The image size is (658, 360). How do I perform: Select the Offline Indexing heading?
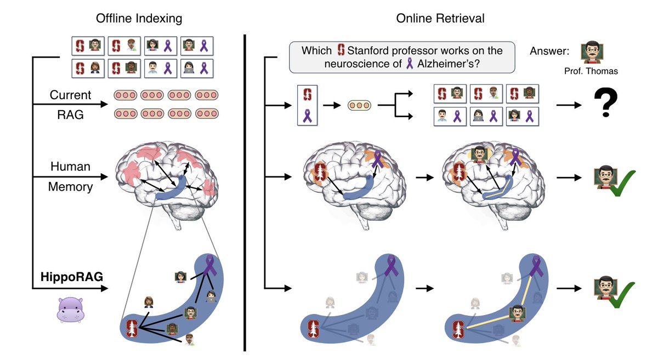(x=139, y=18)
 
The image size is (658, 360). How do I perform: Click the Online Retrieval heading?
(x=440, y=18)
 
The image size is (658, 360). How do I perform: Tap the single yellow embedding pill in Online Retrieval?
(x=359, y=104)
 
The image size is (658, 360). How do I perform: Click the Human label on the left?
(x=70, y=165)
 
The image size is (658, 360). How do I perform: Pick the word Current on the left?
(x=70, y=95)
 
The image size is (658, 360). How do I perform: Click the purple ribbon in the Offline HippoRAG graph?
(x=211, y=266)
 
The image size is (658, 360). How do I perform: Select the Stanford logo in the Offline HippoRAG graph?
(x=132, y=328)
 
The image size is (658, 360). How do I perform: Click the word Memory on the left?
(x=70, y=186)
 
